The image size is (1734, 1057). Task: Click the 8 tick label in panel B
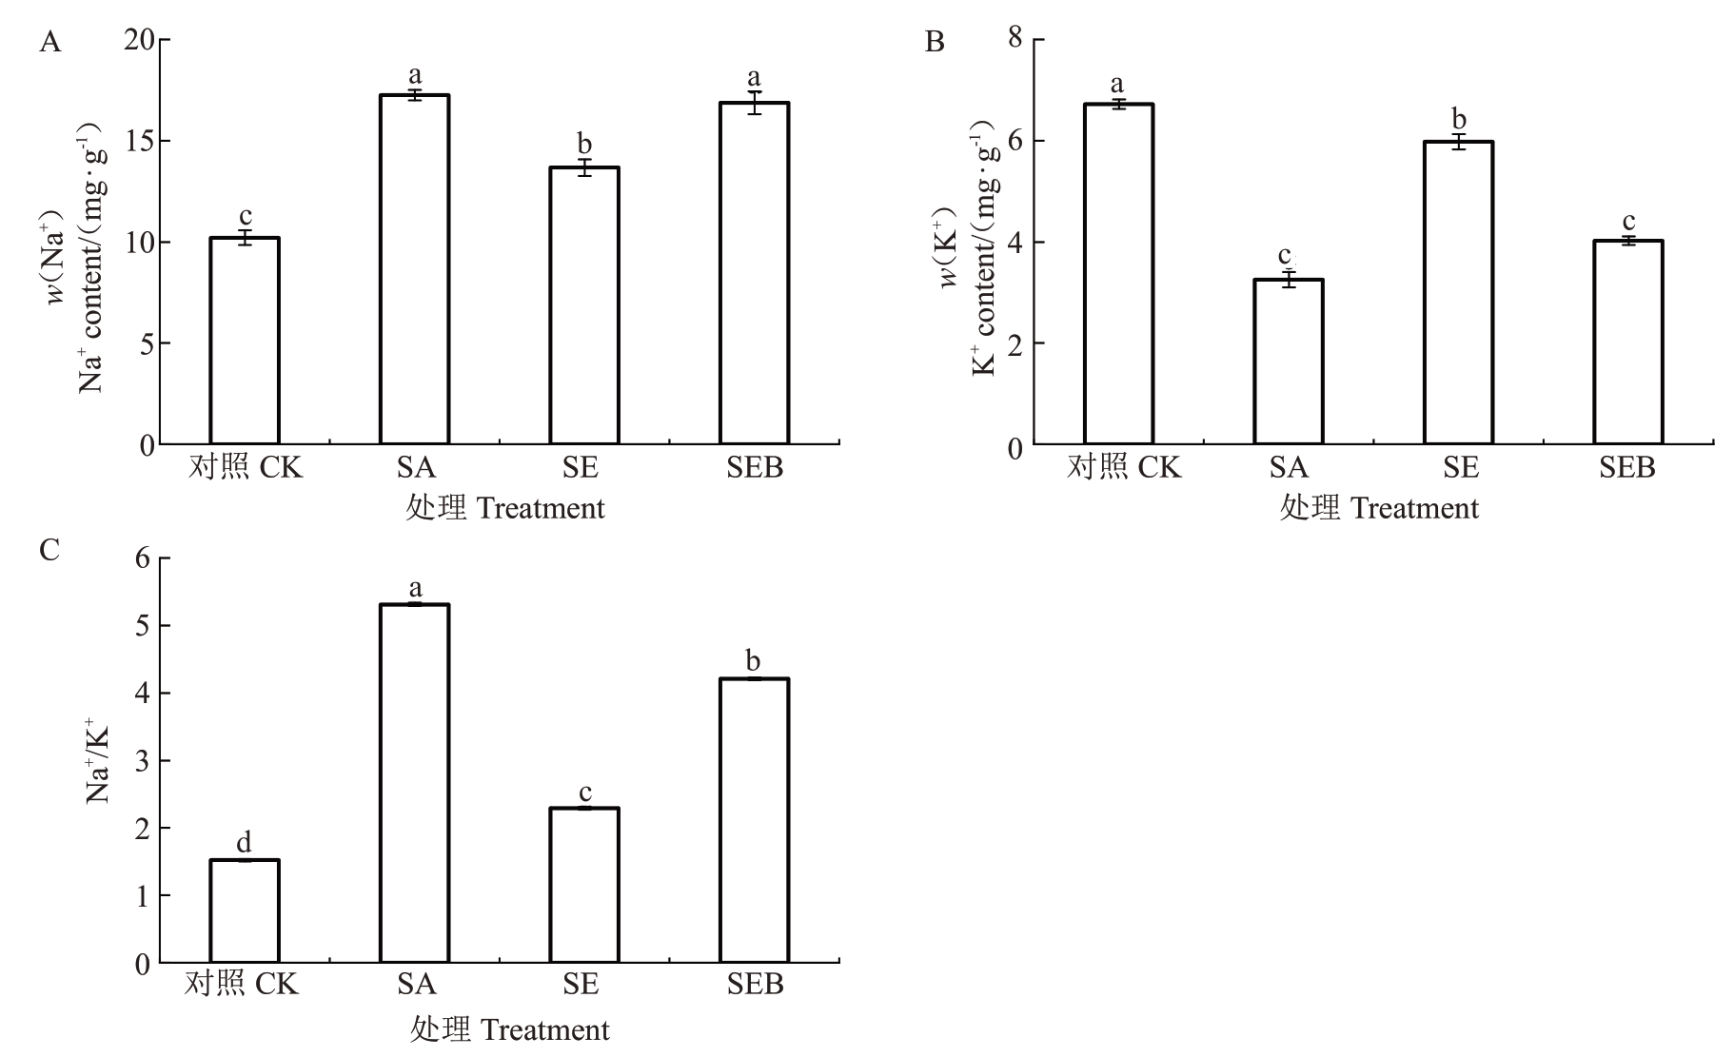pos(1015,38)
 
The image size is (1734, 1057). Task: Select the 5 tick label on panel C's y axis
pos(143,626)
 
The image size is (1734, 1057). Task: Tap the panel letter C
pos(49,550)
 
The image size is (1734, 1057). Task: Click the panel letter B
pos(936,43)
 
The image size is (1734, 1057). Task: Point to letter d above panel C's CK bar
pos(245,843)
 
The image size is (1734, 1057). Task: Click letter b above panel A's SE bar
pos(584,145)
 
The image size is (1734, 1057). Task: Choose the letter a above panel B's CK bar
pos(1118,84)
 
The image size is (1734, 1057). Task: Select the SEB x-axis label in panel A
pos(754,468)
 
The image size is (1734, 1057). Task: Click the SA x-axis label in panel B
pos(1289,468)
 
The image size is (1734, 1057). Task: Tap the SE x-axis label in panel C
pos(581,984)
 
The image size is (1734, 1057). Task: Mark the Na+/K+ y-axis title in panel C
pos(98,761)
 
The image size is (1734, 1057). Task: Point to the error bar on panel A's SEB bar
pos(754,103)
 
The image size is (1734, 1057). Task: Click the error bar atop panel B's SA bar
pos(1289,279)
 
